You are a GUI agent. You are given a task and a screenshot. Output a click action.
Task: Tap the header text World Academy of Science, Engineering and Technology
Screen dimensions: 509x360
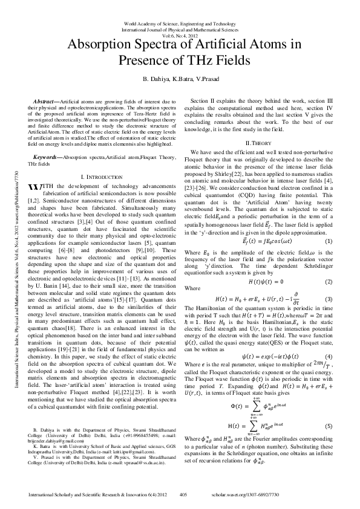click(x=179, y=23)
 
